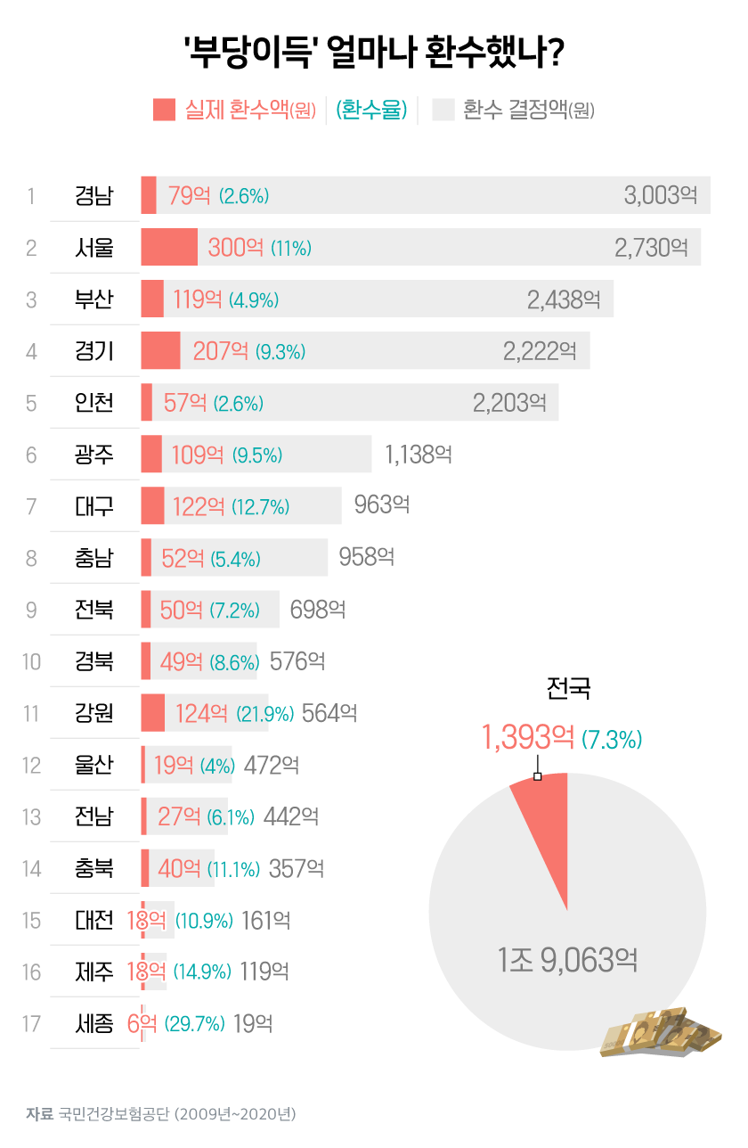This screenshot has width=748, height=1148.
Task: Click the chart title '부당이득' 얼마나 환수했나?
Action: pyautogui.click(x=373, y=53)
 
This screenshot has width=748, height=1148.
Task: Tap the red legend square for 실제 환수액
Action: pyautogui.click(x=164, y=109)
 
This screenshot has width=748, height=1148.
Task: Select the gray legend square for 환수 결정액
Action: pyautogui.click(x=443, y=109)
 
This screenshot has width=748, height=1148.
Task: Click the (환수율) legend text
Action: pyautogui.click(x=372, y=110)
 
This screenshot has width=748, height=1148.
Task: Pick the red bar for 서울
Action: pyautogui.click(x=169, y=247)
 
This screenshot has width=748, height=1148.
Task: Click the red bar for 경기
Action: pyautogui.click(x=160, y=350)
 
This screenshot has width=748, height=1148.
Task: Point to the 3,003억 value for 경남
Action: pyautogui.click(x=660, y=195)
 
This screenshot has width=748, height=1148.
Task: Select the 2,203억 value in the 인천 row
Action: pyautogui.click(x=509, y=402)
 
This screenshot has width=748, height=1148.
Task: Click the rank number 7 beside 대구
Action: pyautogui.click(x=31, y=506)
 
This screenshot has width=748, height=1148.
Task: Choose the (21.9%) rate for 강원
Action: pyautogui.click(x=264, y=713)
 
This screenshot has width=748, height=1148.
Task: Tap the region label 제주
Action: pyautogui.click(x=94, y=972)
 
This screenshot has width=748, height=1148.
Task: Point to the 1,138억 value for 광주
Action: pyautogui.click(x=419, y=455)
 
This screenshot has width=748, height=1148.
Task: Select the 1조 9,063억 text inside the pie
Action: pyautogui.click(x=567, y=960)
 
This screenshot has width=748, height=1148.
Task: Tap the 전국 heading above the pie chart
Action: pyautogui.click(x=568, y=688)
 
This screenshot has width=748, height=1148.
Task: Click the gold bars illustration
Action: pyautogui.click(x=660, y=1034)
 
